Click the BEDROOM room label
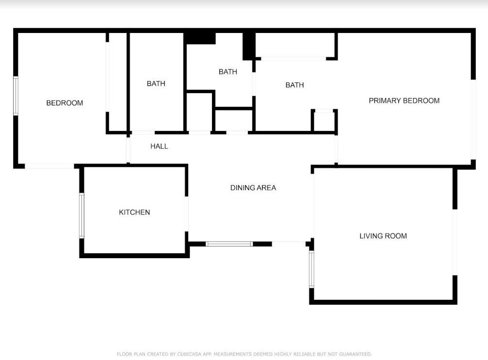point(65,103)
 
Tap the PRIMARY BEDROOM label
point(404,101)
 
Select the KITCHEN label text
point(134,212)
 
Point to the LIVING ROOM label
point(383,236)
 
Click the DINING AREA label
point(253,188)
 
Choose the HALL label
point(159,146)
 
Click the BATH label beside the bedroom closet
point(156,83)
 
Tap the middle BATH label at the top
point(228,72)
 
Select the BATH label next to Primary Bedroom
point(294,85)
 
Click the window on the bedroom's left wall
point(16,96)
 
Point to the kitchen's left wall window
point(81,215)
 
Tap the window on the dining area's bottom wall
point(229,244)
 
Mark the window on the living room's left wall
point(311,269)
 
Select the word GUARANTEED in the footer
point(356,354)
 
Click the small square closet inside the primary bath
point(324,121)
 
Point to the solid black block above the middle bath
point(200,38)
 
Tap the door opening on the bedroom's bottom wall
point(49,166)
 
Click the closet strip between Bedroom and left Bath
point(117,81)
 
